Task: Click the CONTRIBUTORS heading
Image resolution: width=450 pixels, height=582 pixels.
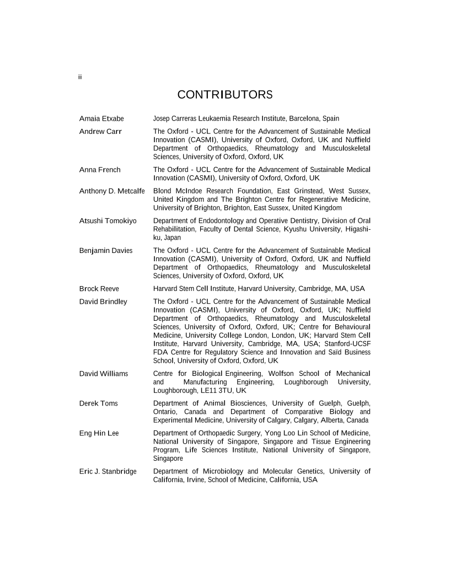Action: click(x=225, y=95)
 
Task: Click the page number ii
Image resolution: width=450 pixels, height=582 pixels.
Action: click(x=79, y=77)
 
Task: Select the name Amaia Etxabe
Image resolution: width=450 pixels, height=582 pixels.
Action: click(x=101, y=118)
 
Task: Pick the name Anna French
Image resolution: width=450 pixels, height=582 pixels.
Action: click(x=100, y=170)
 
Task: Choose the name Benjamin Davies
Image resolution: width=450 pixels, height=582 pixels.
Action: click(x=106, y=251)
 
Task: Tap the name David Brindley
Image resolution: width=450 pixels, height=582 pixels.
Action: click(x=103, y=301)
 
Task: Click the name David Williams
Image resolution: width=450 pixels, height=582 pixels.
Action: click(x=104, y=374)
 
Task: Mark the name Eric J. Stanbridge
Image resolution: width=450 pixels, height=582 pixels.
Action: click(x=108, y=471)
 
